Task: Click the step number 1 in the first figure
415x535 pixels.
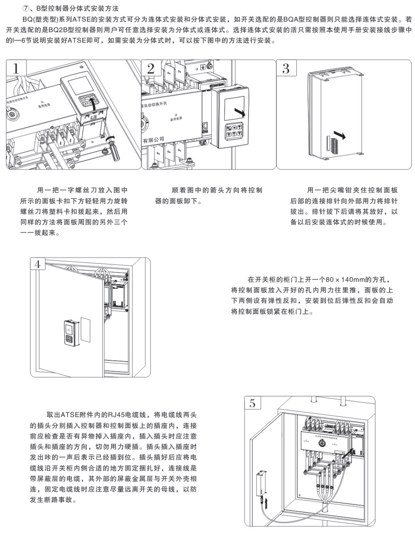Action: click(16, 69)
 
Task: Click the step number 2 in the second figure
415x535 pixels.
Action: click(151, 69)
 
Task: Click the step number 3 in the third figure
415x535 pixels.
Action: click(286, 69)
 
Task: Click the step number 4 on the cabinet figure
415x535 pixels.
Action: click(38, 264)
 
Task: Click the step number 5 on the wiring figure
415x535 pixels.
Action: click(252, 403)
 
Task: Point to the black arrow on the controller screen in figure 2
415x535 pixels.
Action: click(240, 112)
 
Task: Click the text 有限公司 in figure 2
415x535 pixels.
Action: click(154, 139)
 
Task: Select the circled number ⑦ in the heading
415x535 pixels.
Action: click(26, 9)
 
